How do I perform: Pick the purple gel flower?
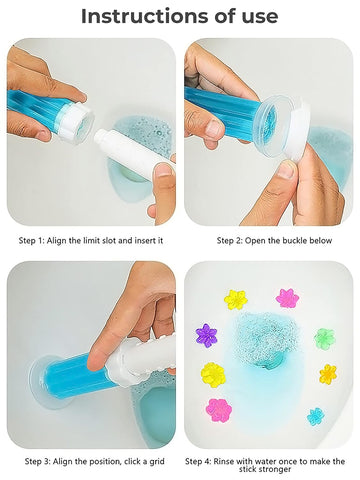(207, 335)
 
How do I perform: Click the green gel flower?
(324, 338)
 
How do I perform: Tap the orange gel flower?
(328, 374)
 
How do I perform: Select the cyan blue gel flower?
(316, 415)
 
